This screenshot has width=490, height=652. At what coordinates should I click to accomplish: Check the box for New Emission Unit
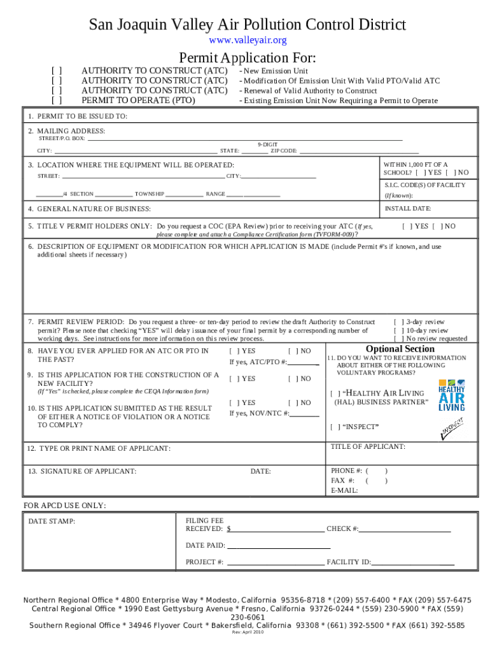(x=57, y=71)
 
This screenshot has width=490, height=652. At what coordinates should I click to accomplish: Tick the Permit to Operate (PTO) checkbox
(x=57, y=100)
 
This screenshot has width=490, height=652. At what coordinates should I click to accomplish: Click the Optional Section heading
(x=400, y=349)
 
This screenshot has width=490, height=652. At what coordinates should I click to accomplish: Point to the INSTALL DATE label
(x=408, y=208)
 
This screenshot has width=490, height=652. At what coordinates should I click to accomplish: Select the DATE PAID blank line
(x=279, y=546)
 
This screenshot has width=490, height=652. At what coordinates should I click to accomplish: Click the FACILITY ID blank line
(x=413, y=562)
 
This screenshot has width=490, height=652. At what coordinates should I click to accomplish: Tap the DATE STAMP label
(x=52, y=521)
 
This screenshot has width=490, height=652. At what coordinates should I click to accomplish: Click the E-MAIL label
(x=344, y=490)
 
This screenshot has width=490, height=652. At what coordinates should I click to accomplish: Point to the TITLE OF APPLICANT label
(x=368, y=446)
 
